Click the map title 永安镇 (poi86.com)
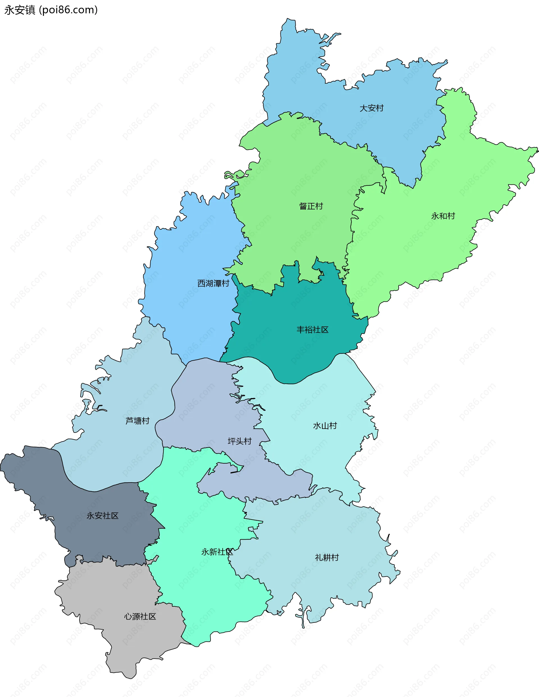coord(51,10)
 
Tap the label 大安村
coord(371,108)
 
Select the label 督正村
coord(311,206)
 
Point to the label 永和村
coord(443,216)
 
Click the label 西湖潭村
coord(213,283)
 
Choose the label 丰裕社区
coord(312,330)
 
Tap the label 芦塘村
coord(137,421)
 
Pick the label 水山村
coord(325,426)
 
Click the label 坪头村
coord(239,441)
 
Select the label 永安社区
coord(102,516)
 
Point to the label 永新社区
coord(217,552)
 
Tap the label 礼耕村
coord(327,557)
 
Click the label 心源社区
coord(140,616)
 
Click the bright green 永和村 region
coord(431,249)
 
